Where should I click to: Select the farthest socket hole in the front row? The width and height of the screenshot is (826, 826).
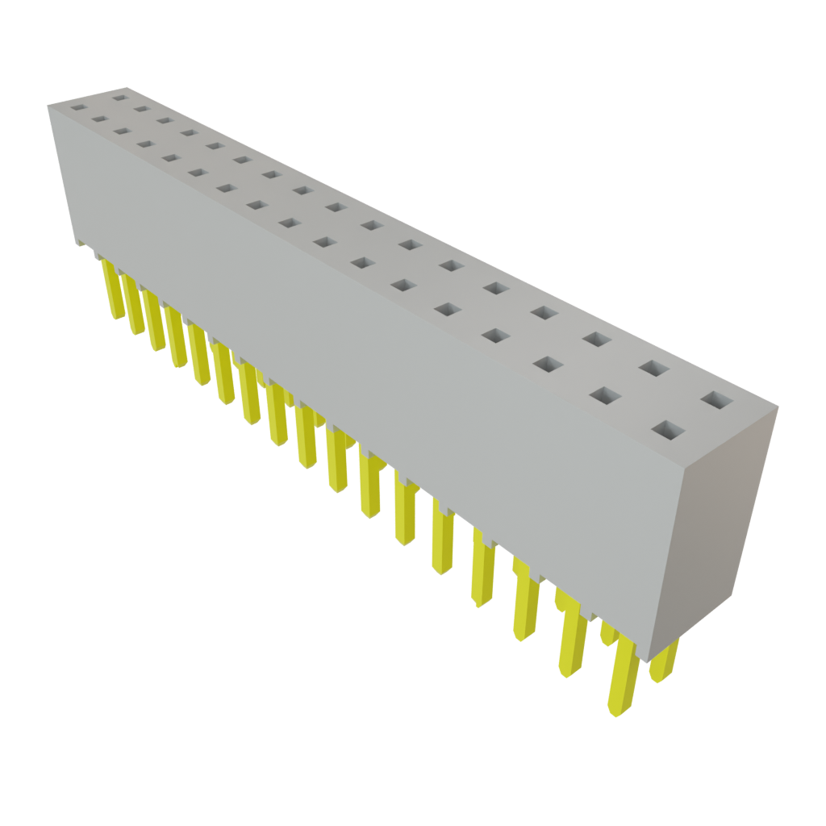pos(77,106)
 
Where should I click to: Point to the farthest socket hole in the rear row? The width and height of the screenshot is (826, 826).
pos(121,98)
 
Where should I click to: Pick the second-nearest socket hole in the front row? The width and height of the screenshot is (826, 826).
pos(605,395)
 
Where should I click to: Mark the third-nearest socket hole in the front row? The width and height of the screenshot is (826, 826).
pos(547,364)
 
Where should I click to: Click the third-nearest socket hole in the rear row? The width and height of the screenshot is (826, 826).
pos(596,339)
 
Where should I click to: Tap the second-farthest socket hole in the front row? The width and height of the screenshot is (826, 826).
pos(100,119)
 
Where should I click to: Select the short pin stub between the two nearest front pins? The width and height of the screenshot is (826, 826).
pos(607,633)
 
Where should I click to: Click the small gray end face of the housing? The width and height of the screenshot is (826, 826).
pos(726,524)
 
